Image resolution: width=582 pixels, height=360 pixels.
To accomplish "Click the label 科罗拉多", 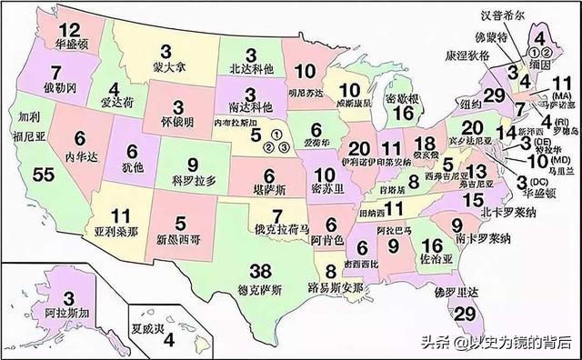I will pyautogui.click(x=192, y=180).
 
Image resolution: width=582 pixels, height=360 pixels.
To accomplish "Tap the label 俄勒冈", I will pyautogui.click(x=55, y=90).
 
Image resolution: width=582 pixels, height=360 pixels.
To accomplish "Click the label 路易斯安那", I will pyautogui.click(x=337, y=286).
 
